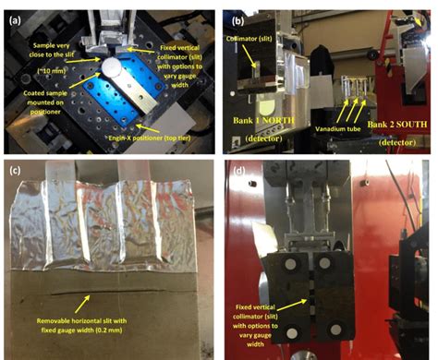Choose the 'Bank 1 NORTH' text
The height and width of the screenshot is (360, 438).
262,122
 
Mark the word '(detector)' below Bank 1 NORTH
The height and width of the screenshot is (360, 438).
262,138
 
